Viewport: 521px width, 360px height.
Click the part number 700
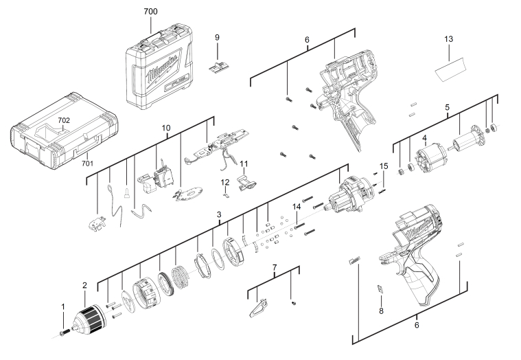(150, 12)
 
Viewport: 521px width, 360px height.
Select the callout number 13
(448, 39)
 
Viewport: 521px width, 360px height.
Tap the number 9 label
(217, 36)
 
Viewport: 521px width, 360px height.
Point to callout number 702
(64, 120)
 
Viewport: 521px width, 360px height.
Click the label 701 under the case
(87, 164)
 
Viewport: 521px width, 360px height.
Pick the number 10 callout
(165, 128)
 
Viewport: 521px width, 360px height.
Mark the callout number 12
(224, 181)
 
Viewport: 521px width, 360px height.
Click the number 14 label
(297, 207)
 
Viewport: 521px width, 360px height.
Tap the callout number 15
(384, 166)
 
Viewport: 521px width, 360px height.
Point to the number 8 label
(381, 311)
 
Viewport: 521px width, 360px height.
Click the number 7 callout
(274, 266)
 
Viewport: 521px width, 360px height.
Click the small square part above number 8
(380, 289)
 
